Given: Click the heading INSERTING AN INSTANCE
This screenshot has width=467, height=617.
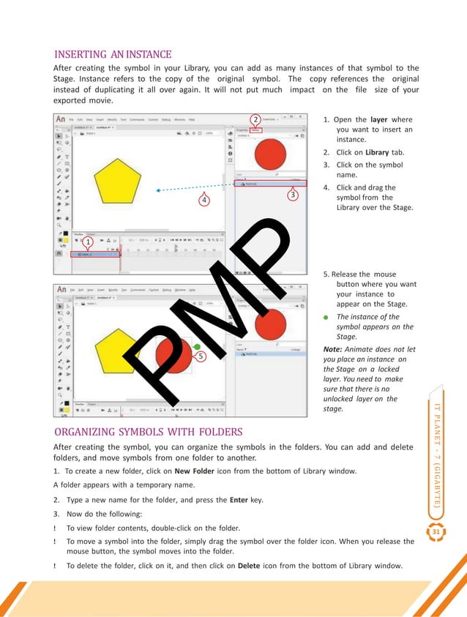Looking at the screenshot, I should click(113, 54).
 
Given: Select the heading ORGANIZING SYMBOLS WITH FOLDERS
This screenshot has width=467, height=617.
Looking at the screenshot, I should click(148, 431).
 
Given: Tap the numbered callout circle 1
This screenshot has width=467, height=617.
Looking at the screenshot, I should click(86, 241).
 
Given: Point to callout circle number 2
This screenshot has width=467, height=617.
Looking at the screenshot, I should click(255, 119).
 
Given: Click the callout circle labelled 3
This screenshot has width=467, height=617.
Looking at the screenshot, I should click(293, 195).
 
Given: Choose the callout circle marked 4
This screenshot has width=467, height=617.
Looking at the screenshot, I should click(203, 199).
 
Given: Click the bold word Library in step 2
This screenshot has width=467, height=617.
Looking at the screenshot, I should click(378, 152).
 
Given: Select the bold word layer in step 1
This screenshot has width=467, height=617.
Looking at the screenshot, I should click(379, 119).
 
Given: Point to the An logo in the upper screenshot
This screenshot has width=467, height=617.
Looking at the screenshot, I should click(61, 119).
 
